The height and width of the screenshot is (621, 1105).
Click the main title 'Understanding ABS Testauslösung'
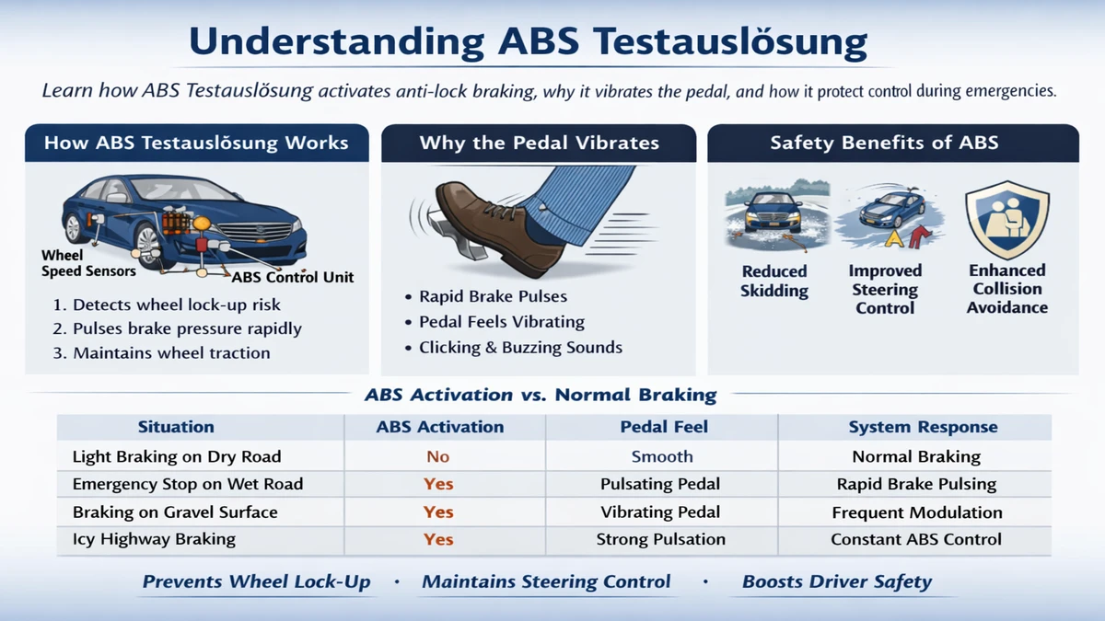tap(528, 43)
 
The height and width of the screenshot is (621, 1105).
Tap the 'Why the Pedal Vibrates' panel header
tap(539, 143)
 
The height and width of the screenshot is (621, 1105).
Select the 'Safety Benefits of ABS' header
tap(884, 143)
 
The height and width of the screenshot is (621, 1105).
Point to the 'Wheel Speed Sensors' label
tap(88, 263)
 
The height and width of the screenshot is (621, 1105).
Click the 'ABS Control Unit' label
tap(292, 277)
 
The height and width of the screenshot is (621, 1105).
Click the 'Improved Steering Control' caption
tap(885, 289)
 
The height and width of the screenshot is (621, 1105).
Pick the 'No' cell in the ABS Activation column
tap(438, 456)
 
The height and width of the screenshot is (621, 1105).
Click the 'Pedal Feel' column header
tap(662, 427)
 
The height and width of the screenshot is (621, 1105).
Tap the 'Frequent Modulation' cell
tap(917, 512)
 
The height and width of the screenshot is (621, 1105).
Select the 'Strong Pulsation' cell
tap(660, 539)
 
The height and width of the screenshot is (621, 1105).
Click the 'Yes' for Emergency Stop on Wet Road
tap(438, 484)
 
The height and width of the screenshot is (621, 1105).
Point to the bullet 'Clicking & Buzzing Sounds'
tap(520, 348)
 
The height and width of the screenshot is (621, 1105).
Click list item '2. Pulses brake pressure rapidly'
tap(187, 328)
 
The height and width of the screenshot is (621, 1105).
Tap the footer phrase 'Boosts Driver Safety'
tap(836, 581)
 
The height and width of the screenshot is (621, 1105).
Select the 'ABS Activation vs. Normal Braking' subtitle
tap(541, 396)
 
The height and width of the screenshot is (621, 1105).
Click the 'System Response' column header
tap(923, 427)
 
